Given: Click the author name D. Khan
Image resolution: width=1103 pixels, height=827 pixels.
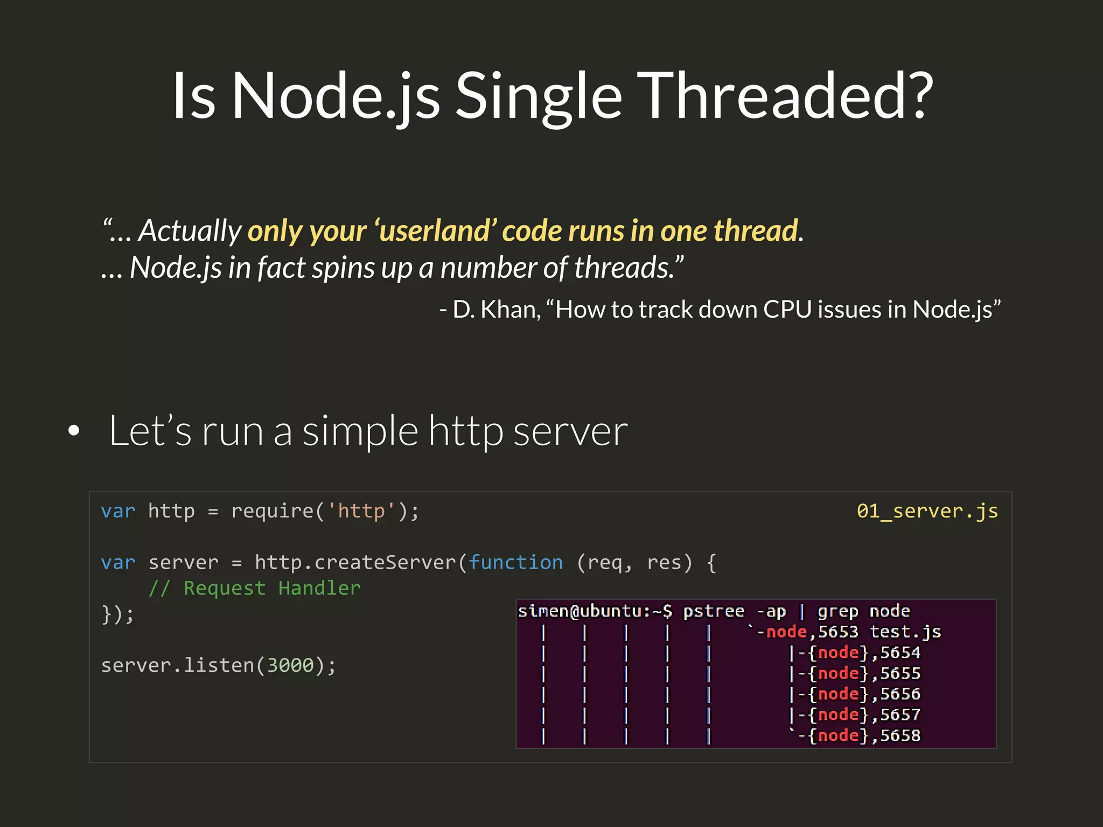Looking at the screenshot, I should [496, 310].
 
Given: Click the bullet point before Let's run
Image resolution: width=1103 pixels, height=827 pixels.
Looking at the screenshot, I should [74, 430].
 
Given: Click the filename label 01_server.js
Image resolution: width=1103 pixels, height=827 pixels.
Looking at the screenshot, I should [927, 511].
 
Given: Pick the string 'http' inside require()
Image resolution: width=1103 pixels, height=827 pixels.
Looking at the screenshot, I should [361, 511].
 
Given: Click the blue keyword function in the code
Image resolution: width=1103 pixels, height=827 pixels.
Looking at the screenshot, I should [515, 563].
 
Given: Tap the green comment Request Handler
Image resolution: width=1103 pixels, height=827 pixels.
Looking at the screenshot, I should [272, 588].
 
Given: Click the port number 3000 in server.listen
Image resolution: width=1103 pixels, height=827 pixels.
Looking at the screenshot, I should [290, 665].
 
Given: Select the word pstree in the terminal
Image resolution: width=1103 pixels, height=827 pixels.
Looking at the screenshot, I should [714, 612].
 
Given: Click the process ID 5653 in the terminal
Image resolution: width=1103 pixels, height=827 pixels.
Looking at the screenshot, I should [838, 632].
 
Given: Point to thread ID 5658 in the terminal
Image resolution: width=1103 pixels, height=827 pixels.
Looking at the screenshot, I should [900, 735].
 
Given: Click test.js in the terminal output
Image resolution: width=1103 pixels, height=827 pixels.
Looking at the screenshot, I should [905, 632].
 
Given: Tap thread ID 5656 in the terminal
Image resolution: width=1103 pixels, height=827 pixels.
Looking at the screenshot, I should [900, 694].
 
